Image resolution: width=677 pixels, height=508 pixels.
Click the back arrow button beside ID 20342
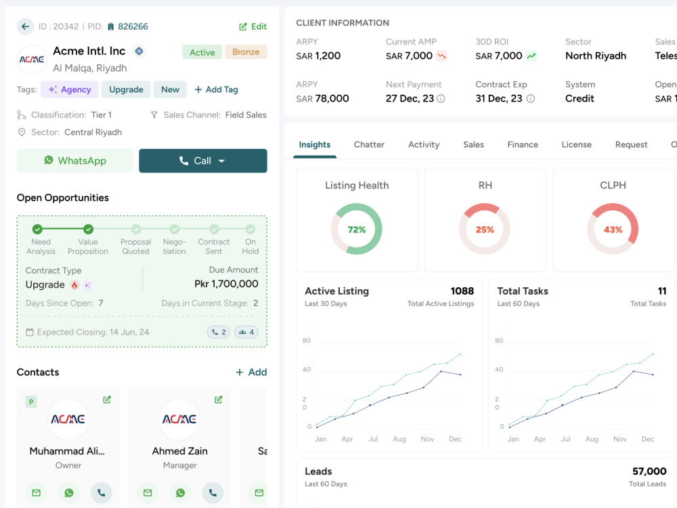click(x=26, y=26)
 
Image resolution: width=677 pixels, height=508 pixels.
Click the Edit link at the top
click(x=253, y=26)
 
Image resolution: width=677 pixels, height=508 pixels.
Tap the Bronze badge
click(x=246, y=52)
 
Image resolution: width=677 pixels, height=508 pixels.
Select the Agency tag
click(x=70, y=89)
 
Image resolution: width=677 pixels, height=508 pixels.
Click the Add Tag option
click(x=217, y=89)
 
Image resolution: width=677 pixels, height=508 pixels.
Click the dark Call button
click(x=203, y=161)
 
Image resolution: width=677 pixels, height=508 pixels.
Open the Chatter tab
click(x=369, y=145)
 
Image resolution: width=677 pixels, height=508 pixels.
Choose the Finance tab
click(x=523, y=145)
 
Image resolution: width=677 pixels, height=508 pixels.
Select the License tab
click(x=576, y=145)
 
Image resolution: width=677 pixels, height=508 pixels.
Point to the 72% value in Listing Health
click(x=357, y=230)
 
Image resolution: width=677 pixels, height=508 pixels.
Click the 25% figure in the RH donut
click(x=485, y=230)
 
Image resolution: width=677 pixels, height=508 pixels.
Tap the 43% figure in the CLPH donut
click(x=613, y=230)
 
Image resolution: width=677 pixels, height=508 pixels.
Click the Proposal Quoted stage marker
click(x=136, y=229)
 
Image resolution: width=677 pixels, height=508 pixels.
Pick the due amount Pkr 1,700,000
click(x=226, y=284)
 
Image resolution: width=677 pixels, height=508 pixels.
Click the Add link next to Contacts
click(x=251, y=373)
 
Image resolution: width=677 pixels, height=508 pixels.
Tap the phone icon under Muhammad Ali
click(x=102, y=493)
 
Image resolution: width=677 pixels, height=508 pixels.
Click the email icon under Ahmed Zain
click(x=148, y=493)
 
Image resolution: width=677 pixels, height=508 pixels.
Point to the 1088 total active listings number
click(x=462, y=291)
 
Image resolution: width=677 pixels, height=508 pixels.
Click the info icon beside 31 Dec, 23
click(x=531, y=99)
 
